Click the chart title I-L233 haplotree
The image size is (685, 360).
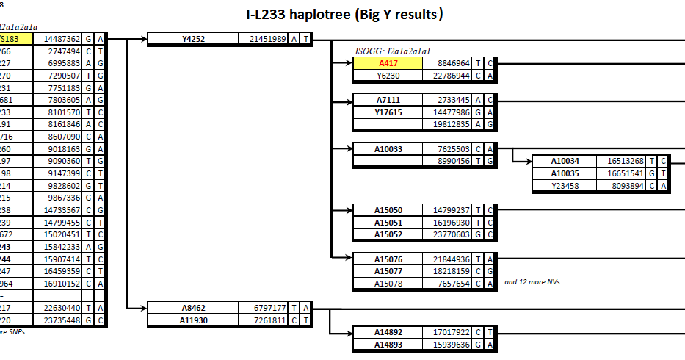[x=344, y=14]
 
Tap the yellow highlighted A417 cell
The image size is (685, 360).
[x=388, y=63]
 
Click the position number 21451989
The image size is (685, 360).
[x=268, y=39]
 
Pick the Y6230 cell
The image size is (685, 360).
[x=388, y=75]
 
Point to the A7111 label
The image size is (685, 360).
[x=388, y=99]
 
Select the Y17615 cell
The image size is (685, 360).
[x=388, y=112]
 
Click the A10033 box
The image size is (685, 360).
[x=388, y=148]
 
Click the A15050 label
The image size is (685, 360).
[x=388, y=210]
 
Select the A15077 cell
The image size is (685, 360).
[x=388, y=271]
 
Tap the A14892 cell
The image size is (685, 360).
[x=388, y=333]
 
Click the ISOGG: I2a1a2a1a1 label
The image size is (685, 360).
[x=392, y=51]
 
